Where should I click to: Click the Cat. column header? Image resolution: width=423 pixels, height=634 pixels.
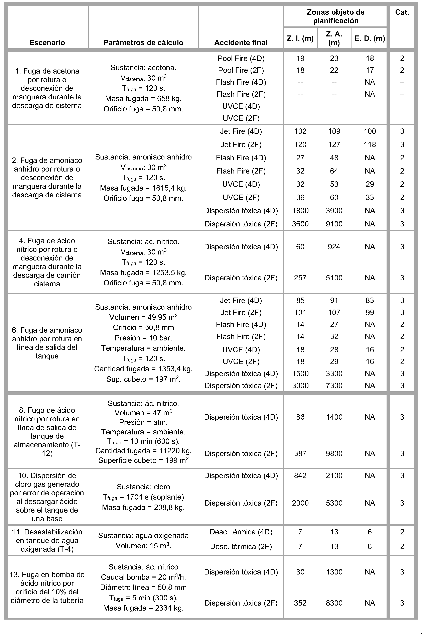(402, 12)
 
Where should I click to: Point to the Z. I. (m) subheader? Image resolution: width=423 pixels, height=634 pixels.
(300, 38)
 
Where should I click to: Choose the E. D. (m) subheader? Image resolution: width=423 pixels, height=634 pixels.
(370, 38)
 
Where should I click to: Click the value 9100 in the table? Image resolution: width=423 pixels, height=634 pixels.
(334, 224)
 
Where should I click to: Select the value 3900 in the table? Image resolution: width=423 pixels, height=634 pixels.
(334, 211)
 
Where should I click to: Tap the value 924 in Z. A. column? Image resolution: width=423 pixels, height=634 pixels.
(334, 247)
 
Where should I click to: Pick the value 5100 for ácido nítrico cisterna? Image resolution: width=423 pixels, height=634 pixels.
(334, 278)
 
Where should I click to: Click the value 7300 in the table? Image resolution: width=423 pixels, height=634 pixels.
(334, 385)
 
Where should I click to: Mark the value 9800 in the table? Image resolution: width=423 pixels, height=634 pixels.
(334, 453)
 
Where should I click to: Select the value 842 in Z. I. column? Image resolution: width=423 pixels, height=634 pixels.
(300, 475)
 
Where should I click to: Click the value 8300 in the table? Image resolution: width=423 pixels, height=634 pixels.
(334, 603)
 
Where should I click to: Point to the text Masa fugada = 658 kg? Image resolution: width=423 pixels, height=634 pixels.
(143, 99)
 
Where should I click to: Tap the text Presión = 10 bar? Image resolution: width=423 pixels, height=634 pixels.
(143, 338)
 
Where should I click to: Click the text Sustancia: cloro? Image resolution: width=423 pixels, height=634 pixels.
(143, 487)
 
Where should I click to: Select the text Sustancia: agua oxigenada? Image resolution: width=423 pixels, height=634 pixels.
(143, 535)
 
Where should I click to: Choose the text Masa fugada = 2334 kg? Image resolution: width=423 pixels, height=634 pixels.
(143, 608)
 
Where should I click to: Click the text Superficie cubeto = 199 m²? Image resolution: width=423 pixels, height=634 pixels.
(143, 460)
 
